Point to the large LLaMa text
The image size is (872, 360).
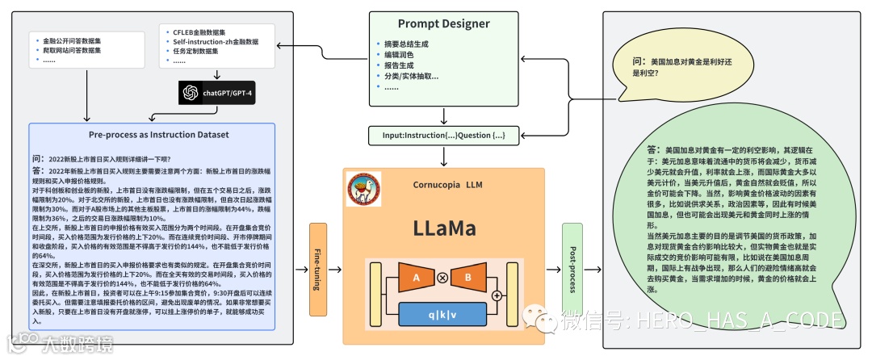(x=445, y=228)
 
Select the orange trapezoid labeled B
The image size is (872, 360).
(x=467, y=278)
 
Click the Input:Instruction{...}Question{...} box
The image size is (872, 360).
(x=444, y=136)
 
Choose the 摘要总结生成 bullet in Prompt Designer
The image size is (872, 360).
(x=407, y=44)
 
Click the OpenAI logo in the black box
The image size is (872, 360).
(x=191, y=93)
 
